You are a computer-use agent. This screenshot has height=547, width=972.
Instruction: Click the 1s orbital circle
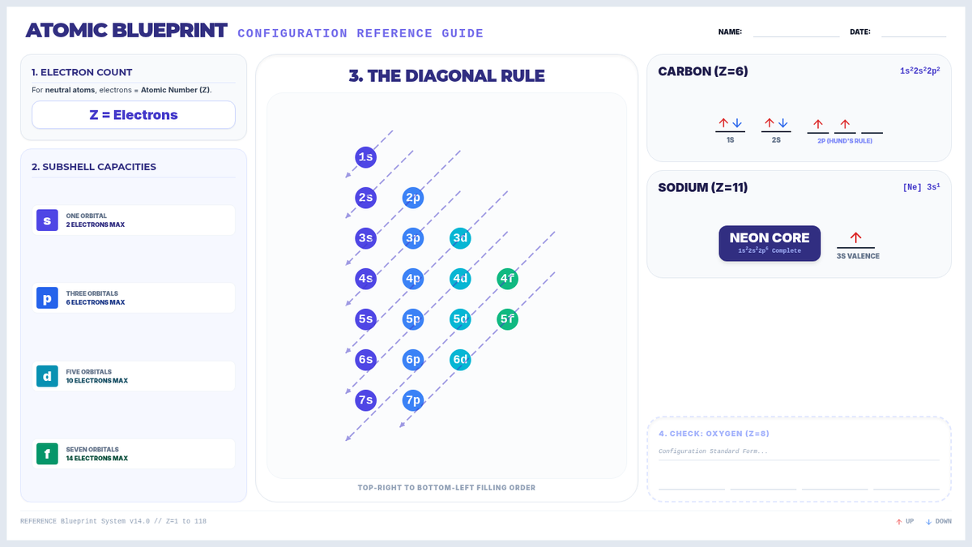(365, 157)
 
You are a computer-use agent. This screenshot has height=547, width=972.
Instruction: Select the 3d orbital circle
(460, 238)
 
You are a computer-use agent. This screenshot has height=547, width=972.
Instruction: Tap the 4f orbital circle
(507, 278)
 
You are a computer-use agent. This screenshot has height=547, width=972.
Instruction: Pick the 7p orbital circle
(412, 400)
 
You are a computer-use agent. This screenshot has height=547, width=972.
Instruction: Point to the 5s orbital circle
(365, 319)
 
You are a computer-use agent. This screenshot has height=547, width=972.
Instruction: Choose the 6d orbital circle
(460, 360)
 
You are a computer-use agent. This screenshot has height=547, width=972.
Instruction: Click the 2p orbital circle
(412, 198)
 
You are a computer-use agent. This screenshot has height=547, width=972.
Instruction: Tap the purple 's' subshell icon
(47, 220)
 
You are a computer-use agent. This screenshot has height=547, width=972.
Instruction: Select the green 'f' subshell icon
(47, 454)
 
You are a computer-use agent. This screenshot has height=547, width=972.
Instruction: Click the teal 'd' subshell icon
(47, 376)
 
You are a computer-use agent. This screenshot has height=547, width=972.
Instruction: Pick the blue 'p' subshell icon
(47, 298)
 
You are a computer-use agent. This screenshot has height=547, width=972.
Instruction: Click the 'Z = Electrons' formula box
(134, 114)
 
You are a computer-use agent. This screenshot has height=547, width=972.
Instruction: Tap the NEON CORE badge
(769, 243)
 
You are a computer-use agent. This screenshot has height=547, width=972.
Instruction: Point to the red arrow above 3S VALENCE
(855, 237)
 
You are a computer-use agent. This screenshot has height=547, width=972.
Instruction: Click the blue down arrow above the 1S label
(737, 123)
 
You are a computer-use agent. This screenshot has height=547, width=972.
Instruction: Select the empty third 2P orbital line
(872, 133)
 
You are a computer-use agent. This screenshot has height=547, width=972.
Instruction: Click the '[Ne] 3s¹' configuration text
(921, 187)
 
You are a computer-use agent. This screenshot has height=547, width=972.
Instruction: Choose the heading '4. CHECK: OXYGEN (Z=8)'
(714, 434)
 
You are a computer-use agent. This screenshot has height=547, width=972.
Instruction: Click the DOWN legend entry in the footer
(939, 521)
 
